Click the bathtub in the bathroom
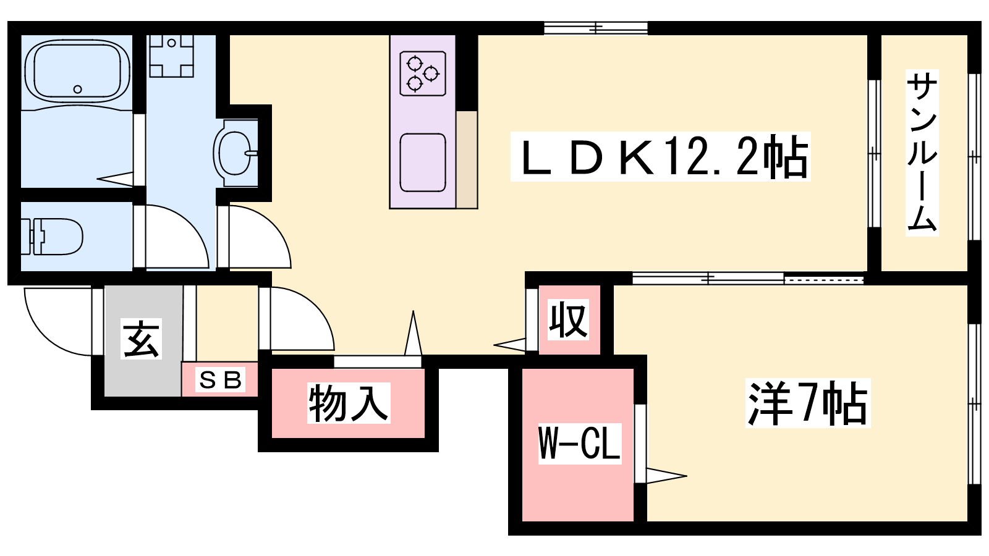(x=77, y=71)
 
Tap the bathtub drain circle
(x=77, y=90)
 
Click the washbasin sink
(x=234, y=153)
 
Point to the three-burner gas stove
(x=423, y=74)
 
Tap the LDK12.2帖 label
(x=660, y=158)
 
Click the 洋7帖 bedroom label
(x=807, y=403)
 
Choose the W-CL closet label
(x=579, y=443)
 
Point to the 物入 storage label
(x=349, y=403)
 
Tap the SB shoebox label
(x=220, y=379)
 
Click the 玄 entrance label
(x=142, y=339)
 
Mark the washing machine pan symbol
(x=172, y=56)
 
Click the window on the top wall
(x=596, y=28)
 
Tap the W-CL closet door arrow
(x=665, y=476)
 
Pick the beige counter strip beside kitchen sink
(x=467, y=159)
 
